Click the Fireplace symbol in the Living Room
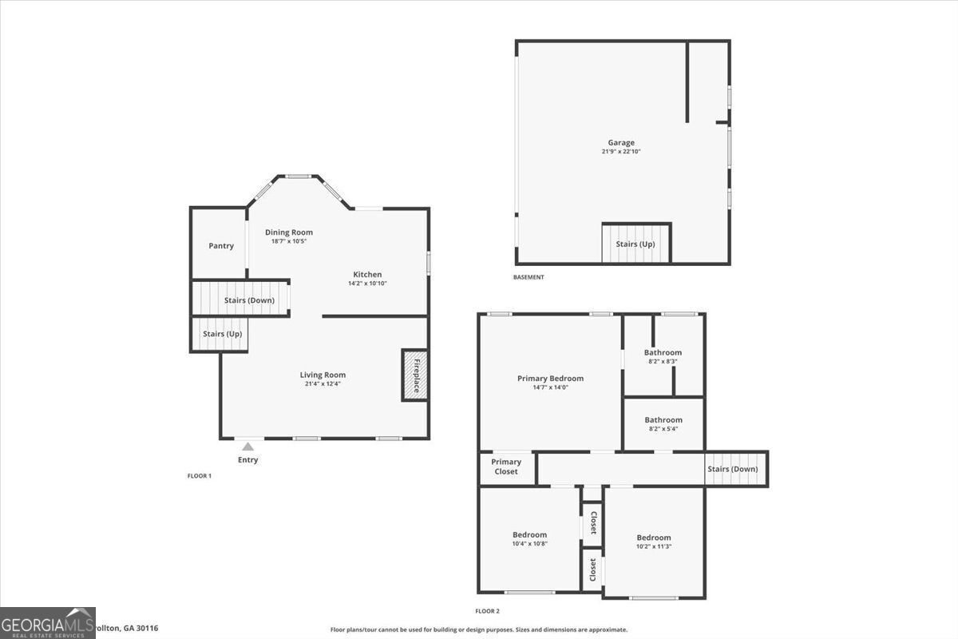coord(414,375)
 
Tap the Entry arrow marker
coord(248,447)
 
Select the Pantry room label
coord(221,246)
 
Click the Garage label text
coord(621,143)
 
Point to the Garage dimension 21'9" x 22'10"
coord(621,152)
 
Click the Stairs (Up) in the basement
coord(635,244)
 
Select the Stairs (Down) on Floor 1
coord(248,300)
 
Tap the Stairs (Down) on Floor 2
coord(732,469)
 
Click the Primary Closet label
coord(506,466)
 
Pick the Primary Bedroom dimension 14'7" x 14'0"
coord(550,387)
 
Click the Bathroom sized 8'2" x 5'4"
coord(663,423)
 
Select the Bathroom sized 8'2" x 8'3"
coord(663,356)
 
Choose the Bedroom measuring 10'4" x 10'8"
coord(529,539)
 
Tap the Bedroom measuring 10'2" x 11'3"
coord(654,542)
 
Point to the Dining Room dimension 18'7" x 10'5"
coord(289,241)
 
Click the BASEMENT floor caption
coord(528,277)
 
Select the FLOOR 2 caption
coord(487,611)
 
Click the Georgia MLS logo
coord(48,622)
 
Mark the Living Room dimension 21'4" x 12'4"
coord(323,383)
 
